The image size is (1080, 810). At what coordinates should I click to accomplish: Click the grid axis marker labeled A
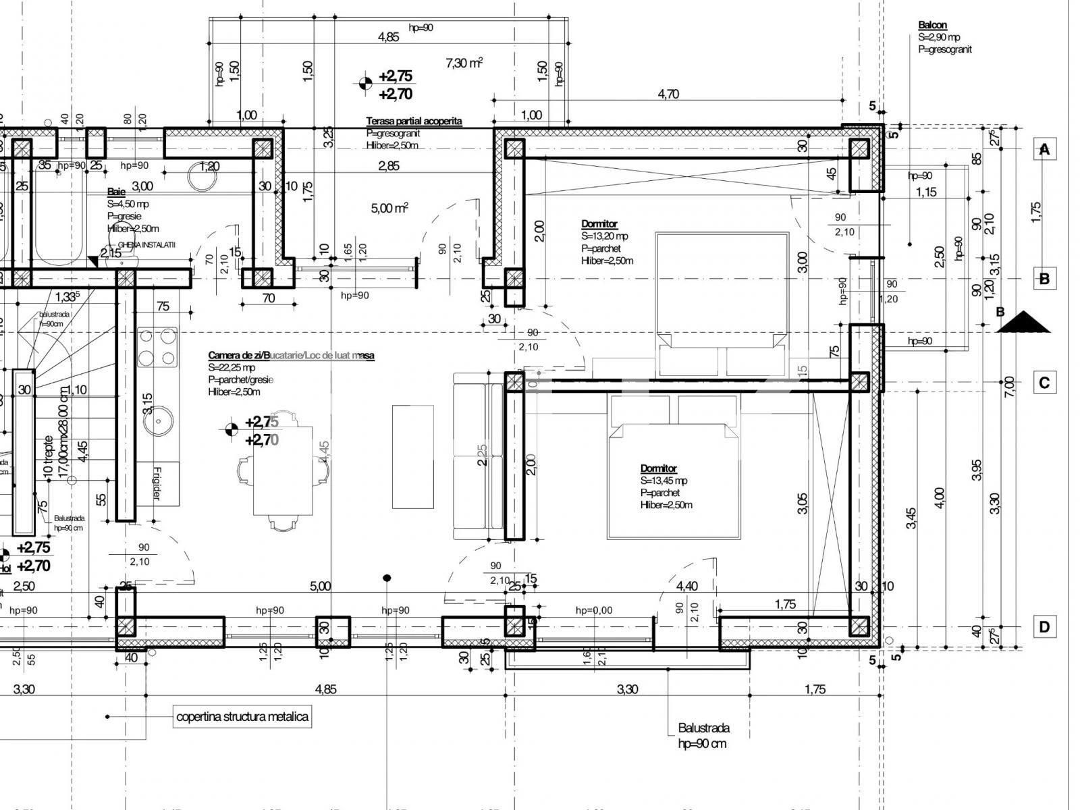[1044, 149]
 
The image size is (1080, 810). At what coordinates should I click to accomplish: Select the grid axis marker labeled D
[1044, 627]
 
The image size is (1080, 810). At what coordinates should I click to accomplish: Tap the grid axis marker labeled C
[1044, 383]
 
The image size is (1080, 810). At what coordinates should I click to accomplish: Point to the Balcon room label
[932, 26]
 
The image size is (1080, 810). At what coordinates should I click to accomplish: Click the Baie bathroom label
[117, 192]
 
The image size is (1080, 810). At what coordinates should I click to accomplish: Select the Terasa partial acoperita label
[414, 121]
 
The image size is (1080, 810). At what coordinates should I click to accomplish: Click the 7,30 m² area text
[464, 63]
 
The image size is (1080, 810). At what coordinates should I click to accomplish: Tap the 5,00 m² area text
[389, 209]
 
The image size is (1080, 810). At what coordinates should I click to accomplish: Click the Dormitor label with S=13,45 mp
[658, 468]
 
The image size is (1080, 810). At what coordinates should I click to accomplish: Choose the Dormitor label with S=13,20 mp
[599, 223]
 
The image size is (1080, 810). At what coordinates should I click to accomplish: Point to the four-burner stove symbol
[159, 347]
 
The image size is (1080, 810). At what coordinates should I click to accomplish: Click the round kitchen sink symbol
[160, 423]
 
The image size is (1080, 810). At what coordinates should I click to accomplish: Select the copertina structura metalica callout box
[242, 716]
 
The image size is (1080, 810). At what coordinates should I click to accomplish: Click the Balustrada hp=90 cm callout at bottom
[703, 735]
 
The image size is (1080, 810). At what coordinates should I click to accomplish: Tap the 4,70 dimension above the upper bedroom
[668, 94]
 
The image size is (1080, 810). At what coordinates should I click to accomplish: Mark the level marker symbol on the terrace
[365, 84]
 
